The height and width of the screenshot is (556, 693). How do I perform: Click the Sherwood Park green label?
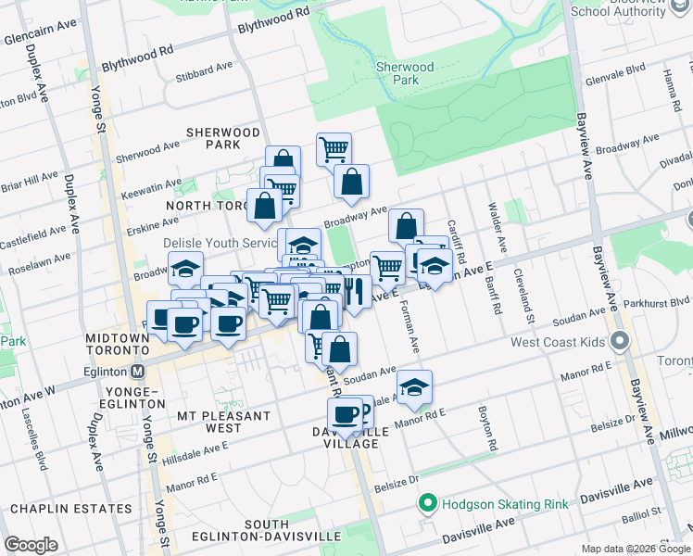pos(405,74)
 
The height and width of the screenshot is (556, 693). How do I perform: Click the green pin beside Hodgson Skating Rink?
pos(427,504)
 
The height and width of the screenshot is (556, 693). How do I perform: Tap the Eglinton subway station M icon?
pos(138,372)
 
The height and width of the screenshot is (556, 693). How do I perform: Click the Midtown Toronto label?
pos(118,345)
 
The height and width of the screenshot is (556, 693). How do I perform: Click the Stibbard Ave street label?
pos(205,69)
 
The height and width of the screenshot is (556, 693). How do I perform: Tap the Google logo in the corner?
pos(31,545)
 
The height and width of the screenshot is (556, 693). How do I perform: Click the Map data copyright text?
pos(636,549)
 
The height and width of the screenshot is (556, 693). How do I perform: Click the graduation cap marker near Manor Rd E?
pos(415,385)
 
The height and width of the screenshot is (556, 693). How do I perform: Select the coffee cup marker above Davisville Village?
pos(345,413)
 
